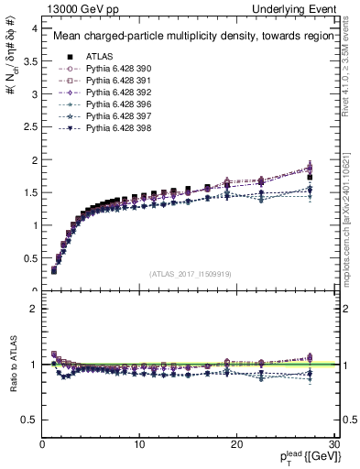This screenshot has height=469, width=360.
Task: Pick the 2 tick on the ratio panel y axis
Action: point(34,309)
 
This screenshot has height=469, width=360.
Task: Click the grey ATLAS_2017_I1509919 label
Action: point(189,273)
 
